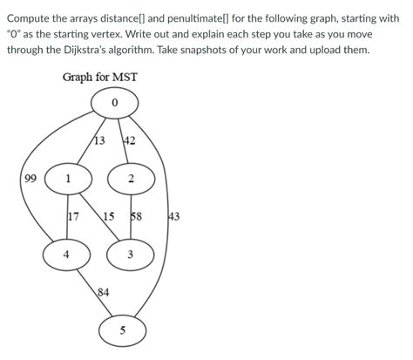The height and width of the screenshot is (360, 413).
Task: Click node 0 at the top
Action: pos(115,105)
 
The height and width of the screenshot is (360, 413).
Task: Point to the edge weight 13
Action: pos(98,141)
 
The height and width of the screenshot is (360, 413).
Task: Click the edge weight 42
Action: pos(130,141)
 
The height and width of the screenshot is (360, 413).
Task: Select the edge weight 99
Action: pos(30,180)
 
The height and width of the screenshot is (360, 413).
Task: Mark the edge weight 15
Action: pos(108,216)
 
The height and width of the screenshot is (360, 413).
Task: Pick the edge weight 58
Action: pos(137,216)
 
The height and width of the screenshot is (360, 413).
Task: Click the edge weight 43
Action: pos(173,216)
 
